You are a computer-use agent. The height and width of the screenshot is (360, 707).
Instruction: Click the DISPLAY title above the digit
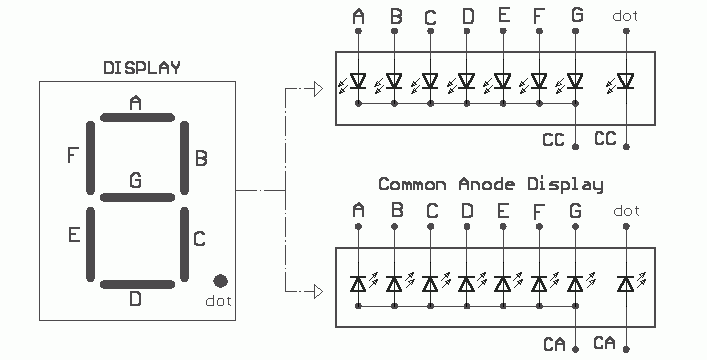(142, 68)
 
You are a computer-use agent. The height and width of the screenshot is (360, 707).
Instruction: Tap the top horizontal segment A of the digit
(137, 118)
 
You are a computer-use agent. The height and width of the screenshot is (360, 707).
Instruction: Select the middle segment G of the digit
(137, 197)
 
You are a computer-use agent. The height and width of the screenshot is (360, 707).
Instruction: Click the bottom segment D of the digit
(137, 284)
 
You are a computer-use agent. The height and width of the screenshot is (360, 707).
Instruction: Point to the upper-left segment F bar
(91, 157)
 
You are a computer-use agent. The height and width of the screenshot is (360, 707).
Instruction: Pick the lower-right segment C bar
(184, 244)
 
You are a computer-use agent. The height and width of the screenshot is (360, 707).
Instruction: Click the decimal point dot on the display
(220, 281)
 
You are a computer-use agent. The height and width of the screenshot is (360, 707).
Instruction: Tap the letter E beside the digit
(74, 235)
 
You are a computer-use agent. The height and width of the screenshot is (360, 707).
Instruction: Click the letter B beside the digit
(201, 158)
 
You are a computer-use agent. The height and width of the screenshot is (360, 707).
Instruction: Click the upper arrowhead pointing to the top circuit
(318, 89)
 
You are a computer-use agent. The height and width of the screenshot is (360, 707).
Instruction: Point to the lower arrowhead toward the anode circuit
(318, 291)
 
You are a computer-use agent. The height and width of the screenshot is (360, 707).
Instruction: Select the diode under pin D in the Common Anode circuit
(467, 284)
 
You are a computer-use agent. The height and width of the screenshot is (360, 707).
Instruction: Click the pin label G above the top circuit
(577, 15)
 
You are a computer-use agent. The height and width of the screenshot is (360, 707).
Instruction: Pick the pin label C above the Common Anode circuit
(432, 211)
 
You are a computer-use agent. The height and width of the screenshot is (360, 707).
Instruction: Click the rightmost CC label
(605, 138)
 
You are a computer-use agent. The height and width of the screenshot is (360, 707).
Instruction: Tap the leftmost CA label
(554, 345)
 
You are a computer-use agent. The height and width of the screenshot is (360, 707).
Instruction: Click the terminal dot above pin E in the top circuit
(503, 31)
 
